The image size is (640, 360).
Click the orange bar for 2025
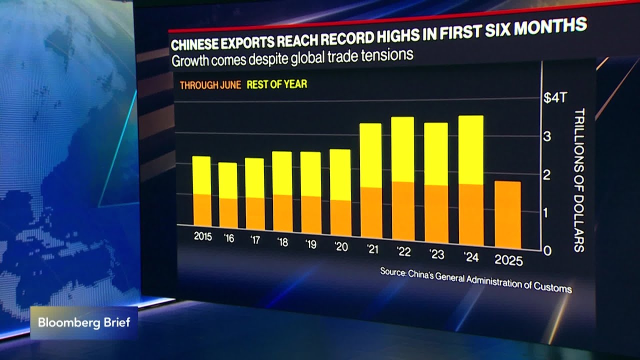coord(507,215)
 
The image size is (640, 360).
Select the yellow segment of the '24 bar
coord(470,150)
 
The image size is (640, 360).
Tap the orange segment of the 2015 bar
coord(202,210)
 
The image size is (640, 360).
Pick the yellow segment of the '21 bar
coord(370,155)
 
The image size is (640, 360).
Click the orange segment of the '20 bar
coord(340,218)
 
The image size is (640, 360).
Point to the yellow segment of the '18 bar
coord(282,173)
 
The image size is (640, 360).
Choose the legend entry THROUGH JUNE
coord(210,85)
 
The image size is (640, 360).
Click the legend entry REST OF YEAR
coord(276,84)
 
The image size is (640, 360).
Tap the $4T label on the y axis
coord(555,98)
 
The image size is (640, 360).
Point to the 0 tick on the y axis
coord(547,251)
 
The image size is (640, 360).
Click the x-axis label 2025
coord(508,260)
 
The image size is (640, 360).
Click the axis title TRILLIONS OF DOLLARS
coord(579,180)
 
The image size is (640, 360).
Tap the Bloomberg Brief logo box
coord(84,322)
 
